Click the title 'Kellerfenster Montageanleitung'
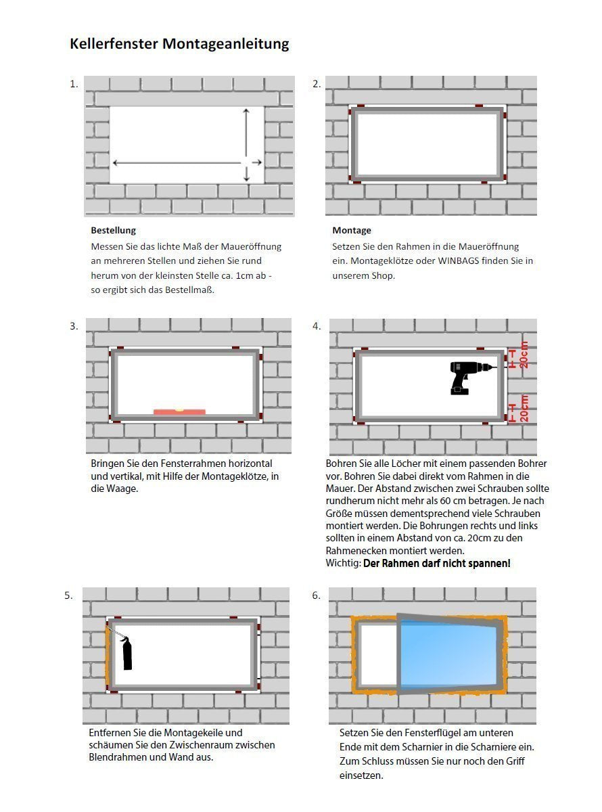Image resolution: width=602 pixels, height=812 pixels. [x=179, y=44]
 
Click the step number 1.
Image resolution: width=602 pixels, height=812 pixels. [x=74, y=85]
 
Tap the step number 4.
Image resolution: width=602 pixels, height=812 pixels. [x=316, y=326]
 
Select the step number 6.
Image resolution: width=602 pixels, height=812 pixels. [x=316, y=595]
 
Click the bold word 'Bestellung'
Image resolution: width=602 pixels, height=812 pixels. [x=113, y=230]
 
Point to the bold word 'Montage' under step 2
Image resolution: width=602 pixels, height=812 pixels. [x=351, y=230]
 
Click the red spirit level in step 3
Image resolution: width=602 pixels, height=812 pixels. [x=179, y=411]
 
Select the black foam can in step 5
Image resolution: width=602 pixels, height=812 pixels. [x=126, y=653]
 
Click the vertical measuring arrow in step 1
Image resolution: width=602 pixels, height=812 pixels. [x=246, y=143]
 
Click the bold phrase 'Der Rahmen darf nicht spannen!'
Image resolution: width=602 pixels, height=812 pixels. [x=436, y=563]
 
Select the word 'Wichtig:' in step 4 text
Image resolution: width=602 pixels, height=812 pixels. [x=343, y=563]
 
